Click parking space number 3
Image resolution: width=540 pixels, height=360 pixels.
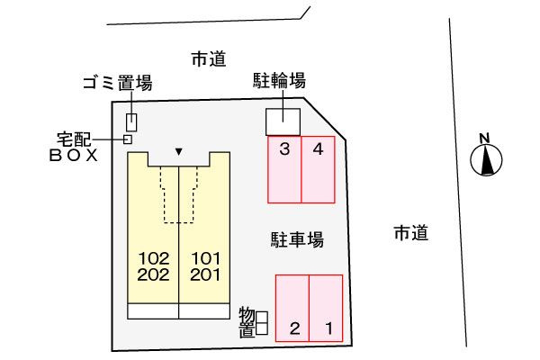coord(284,169)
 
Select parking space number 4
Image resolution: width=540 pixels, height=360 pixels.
coord(318,169)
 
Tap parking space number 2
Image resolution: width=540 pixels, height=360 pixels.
coord(292,308)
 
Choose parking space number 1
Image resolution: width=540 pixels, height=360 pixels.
coord(326,308)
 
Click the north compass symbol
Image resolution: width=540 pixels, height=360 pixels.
coord(486,160)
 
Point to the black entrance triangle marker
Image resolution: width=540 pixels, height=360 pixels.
coord(178,151)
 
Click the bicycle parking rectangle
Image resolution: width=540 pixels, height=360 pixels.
coord(283,122)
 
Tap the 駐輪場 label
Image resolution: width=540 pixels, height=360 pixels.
coord(279,80)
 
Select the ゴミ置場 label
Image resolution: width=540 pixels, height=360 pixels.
coord(117,83)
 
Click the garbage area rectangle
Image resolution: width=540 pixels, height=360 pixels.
coord(131,122)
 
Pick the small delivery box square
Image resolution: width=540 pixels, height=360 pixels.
coord(128,139)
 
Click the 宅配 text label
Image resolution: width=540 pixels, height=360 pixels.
coord(74,139)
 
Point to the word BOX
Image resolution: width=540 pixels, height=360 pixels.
coord(74,156)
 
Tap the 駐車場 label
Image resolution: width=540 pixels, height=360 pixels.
coord(297,239)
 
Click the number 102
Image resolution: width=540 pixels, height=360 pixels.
coord(153,258)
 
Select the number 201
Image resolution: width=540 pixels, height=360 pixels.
coord(205,274)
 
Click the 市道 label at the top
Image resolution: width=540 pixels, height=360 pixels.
coord(209,58)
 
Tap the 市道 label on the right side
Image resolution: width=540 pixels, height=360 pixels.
coord(411,233)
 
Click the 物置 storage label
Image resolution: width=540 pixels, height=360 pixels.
coord(247,322)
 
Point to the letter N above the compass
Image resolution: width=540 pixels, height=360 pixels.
coord(484,139)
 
